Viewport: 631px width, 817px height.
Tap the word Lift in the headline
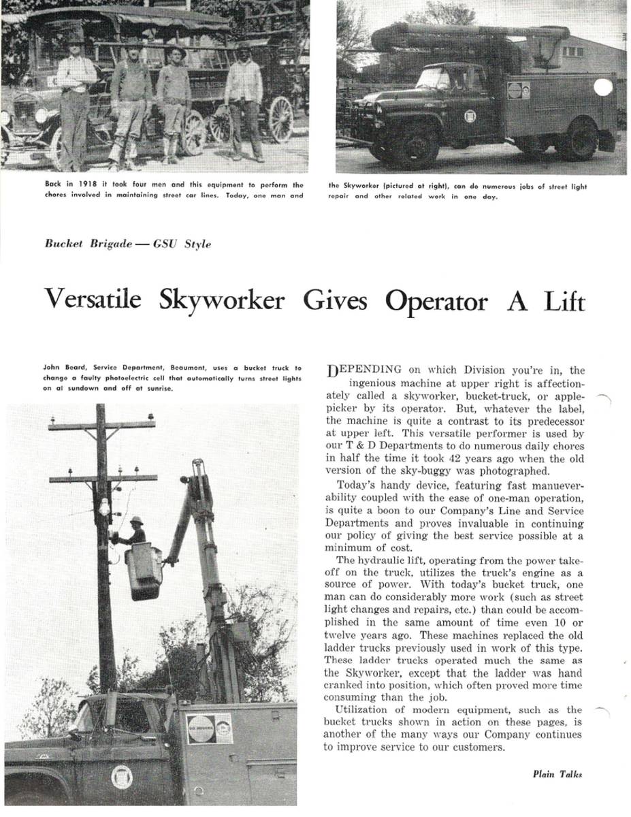point(563,300)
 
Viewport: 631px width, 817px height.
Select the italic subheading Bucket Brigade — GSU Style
point(128,244)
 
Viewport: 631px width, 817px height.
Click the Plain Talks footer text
point(557,774)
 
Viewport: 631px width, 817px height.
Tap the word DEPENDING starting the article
point(364,370)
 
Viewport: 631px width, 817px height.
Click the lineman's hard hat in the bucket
point(136,521)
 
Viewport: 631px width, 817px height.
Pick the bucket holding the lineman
point(144,569)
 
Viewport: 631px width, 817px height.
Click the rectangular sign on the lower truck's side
point(209,728)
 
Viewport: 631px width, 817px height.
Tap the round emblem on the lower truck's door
point(122,777)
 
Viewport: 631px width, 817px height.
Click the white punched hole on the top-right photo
point(603,87)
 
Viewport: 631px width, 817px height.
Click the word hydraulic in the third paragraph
point(385,560)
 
